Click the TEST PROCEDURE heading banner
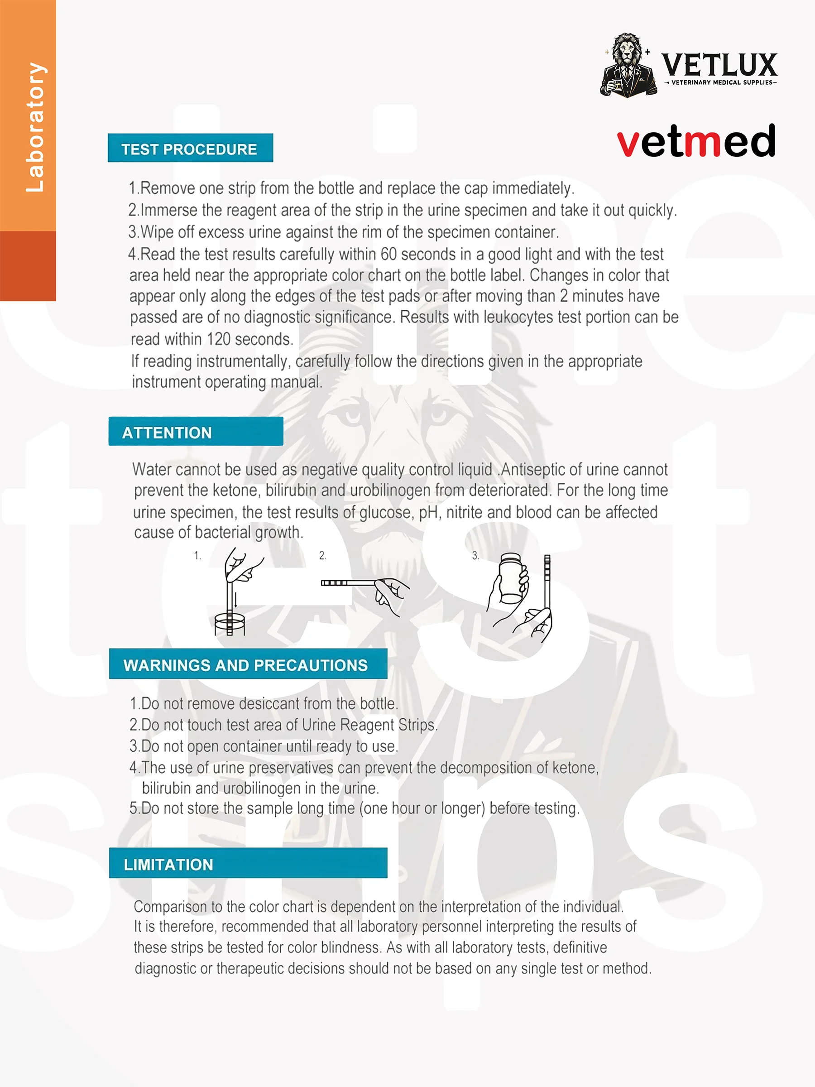[x=190, y=149]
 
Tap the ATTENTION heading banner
[x=195, y=432]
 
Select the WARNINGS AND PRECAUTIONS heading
[x=248, y=664]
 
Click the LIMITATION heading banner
[x=248, y=864]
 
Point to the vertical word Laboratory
[x=35, y=127]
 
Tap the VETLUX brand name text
[x=719, y=64]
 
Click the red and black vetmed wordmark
[x=695, y=141]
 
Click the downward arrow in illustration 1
[x=236, y=600]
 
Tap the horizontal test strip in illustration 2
[x=349, y=583]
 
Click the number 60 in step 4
[x=388, y=254]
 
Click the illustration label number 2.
[x=322, y=555]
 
